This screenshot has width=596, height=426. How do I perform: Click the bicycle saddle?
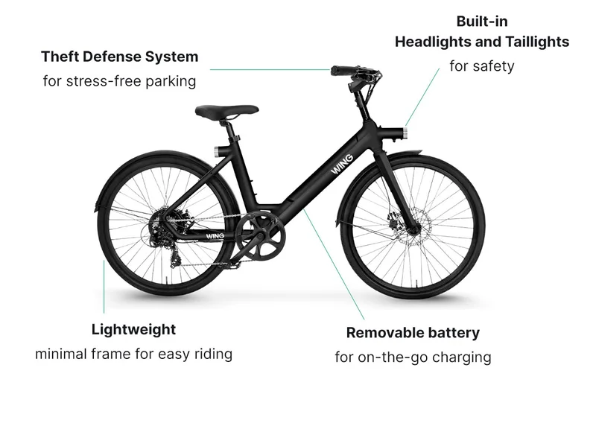click(x=226, y=110)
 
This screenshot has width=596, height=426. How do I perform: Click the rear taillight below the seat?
click(x=216, y=150)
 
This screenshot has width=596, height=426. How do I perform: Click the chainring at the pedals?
click(x=260, y=238)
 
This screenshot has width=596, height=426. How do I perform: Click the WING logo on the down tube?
click(x=342, y=165)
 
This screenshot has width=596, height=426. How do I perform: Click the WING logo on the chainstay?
click(x=215, y=236)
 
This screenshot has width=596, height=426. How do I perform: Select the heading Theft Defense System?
click(x=120, y=57)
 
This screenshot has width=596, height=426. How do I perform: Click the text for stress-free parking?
click(x=119, y=81)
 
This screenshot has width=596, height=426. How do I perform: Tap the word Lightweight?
click(x=134, y=329)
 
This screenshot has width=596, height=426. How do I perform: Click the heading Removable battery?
click(x=413, y=332)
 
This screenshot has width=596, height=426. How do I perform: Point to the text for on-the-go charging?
click(x=413, y=357)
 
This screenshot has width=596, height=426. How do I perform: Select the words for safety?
click(x=482, y=66)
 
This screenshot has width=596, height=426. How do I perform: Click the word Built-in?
click(x=482, y=22)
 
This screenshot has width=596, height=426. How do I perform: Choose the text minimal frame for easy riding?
click(x=134, y=354)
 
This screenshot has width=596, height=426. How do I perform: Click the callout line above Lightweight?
click(x=104, y=287)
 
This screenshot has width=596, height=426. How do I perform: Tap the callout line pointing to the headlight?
click(x=422, y=98)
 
